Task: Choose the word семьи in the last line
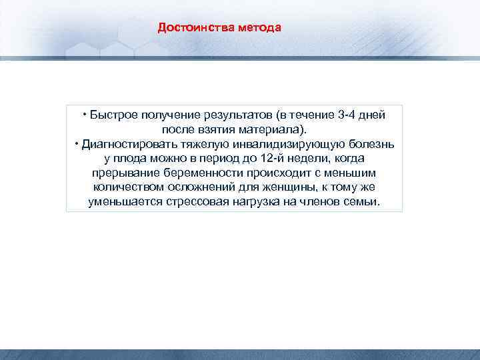coord(363,202)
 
